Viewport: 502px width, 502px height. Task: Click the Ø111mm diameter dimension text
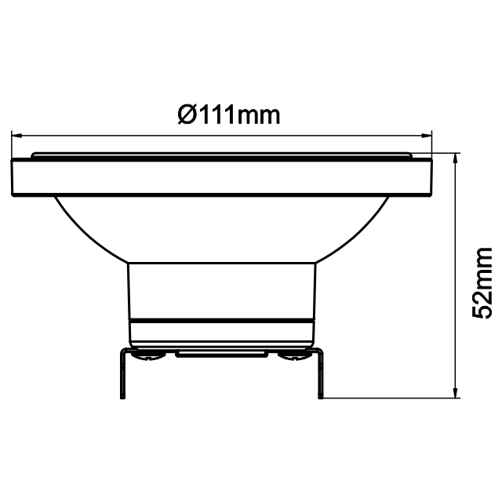coord(228,115)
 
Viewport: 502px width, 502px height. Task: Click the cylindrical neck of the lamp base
coord(222,290)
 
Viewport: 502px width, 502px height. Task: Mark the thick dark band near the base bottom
coord(222,323)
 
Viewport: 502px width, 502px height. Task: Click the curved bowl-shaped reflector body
coord(222,227)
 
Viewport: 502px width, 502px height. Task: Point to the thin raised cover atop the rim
coord(222,155)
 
